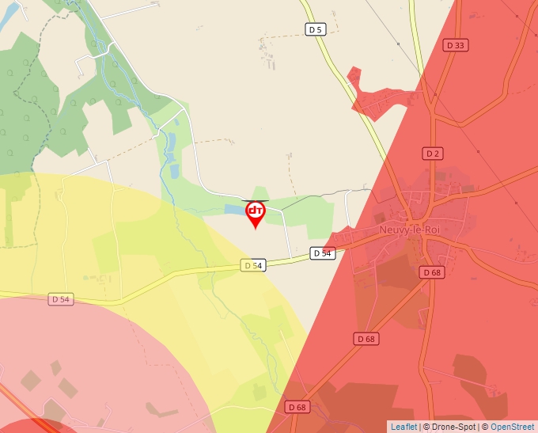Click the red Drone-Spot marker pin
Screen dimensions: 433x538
255,213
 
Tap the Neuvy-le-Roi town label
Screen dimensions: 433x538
410,230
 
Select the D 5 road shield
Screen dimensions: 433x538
315,29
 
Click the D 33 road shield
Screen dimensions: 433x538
455,46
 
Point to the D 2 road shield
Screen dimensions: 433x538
431,154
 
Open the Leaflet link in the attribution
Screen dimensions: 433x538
403,427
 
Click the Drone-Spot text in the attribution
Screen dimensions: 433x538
451,427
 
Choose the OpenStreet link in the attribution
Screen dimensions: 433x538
512,427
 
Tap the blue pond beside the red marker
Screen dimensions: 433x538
234,211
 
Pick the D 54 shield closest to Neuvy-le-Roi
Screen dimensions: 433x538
321,253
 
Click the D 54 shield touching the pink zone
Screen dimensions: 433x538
61,299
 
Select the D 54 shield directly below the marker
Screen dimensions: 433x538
252,266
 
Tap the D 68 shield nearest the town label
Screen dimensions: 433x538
431,272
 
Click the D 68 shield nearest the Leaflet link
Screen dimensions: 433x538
297,407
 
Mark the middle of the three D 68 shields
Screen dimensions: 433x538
366,339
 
